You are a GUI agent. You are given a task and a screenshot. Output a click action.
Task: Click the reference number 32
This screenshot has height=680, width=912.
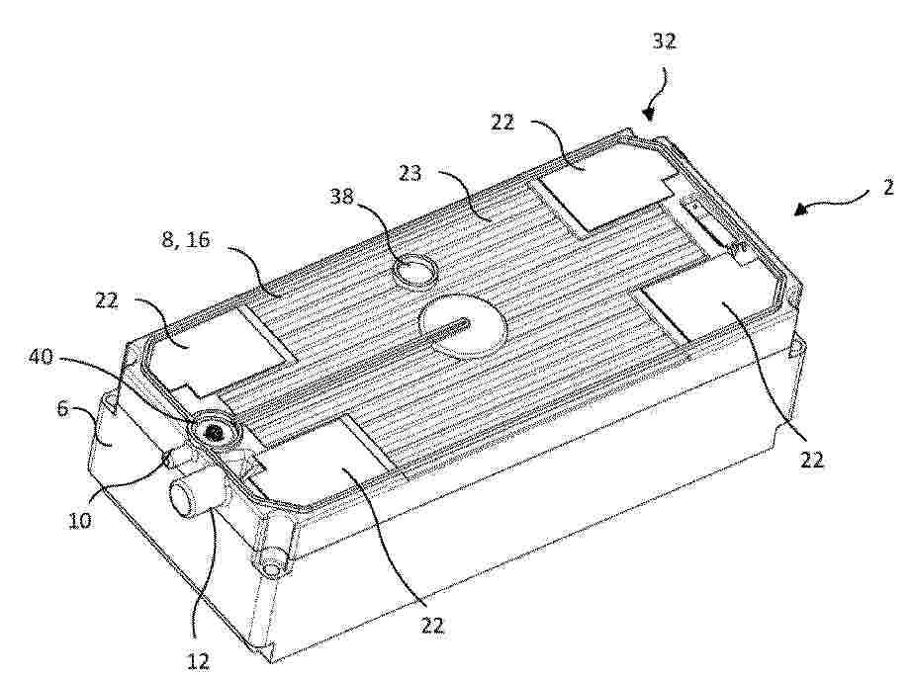point(665,42)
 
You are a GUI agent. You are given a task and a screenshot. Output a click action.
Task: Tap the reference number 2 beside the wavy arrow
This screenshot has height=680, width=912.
point(888,187)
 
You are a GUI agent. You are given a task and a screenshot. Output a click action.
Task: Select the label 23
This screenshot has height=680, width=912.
point(410,173)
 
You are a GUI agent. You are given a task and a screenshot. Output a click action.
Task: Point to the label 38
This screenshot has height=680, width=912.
point(341,197)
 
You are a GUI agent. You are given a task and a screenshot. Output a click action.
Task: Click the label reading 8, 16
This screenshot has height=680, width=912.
point(186,239)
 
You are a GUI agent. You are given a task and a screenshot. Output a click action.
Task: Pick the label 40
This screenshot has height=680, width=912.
point(42,356)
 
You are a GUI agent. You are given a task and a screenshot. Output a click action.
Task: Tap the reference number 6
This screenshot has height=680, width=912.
point(62,408)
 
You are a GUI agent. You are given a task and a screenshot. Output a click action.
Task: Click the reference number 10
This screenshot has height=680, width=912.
point(80,520)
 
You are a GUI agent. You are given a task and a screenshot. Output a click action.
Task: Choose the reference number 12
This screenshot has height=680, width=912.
point(198,661)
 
